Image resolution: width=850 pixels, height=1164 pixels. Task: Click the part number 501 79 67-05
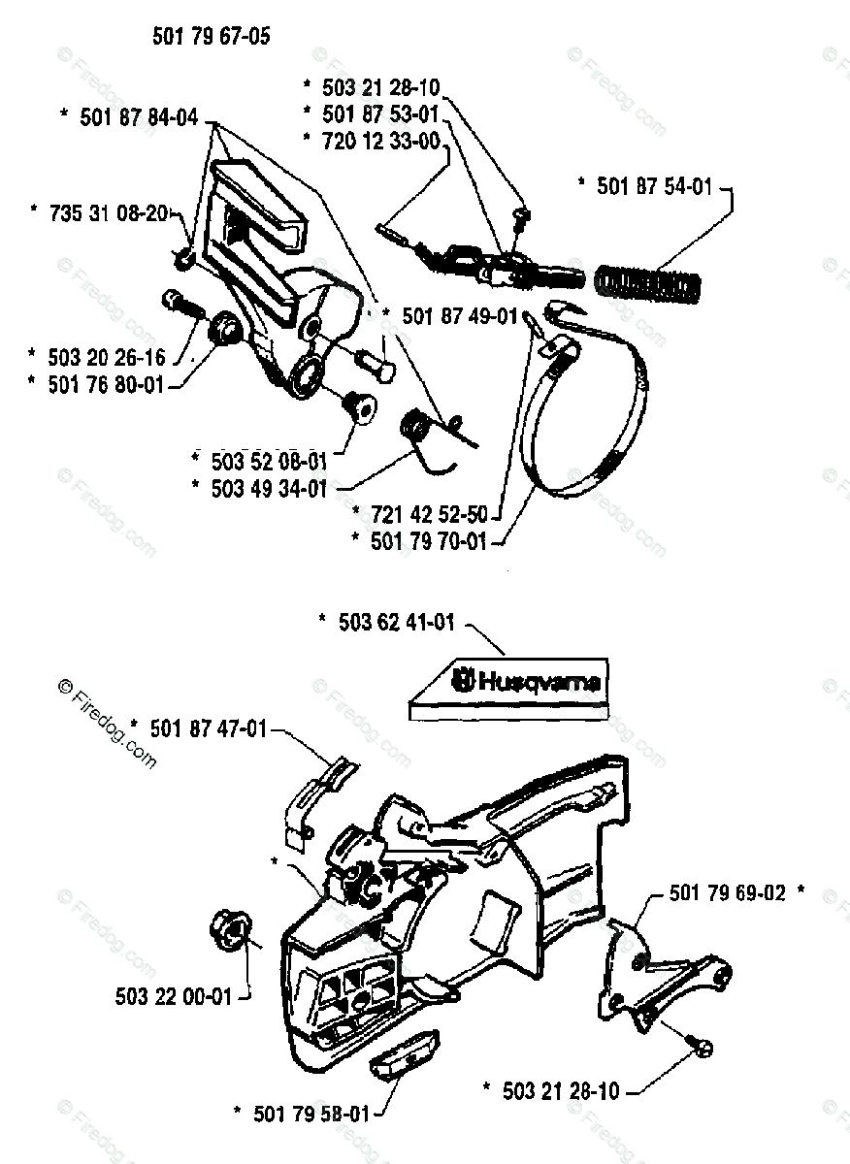click(x=211, y=37)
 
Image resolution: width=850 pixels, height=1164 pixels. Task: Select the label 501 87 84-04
click(x=139, y=117)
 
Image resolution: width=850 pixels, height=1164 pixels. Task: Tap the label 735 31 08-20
click(x=110, y=210)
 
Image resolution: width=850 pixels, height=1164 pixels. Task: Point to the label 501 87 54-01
click(x=655, y=185)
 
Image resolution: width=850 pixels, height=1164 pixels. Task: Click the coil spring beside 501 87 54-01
click(x=649, y=284)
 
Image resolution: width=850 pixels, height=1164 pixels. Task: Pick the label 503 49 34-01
click(x=269, y=488)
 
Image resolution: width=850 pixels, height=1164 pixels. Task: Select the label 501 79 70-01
click(x=428, y=541)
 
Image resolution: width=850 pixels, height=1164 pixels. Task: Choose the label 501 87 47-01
click(x=207, y=727)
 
